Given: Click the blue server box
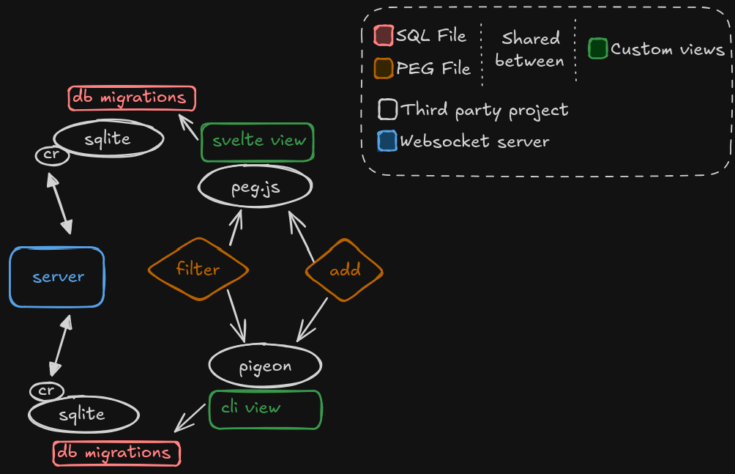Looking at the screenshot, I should click(57, 277).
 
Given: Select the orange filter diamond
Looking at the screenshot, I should click(198, 269).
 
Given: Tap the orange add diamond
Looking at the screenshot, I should click(344, 270).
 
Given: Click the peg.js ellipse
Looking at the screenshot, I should click(255, 187).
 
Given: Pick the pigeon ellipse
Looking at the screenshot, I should click(265, 366).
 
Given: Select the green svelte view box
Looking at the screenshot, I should click(258, 141).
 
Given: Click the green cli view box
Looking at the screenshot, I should click(265, 410).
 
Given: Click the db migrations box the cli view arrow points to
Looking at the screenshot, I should click(117, 453).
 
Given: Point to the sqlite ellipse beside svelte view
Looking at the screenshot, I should click(108, 138).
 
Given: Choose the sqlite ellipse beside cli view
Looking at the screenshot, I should click(83, 415).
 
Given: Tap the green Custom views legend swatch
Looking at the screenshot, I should click(598, 49).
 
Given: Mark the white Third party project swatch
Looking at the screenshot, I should click(387, 110).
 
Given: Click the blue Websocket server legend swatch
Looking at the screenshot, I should click(387, 141).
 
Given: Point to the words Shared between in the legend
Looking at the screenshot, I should click(529, 50).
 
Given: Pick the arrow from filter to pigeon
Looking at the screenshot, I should click(236, 315).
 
